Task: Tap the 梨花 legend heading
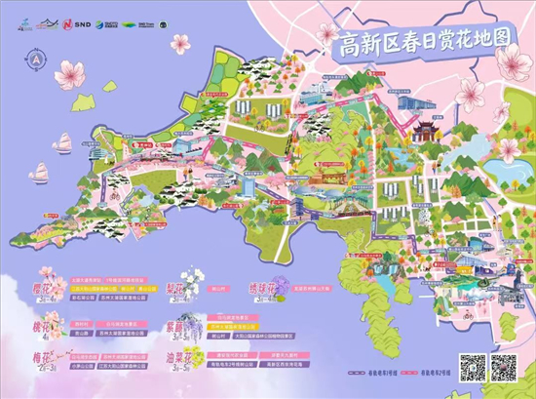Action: click(x=191, y=290)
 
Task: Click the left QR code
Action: click(x=472, y=370)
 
